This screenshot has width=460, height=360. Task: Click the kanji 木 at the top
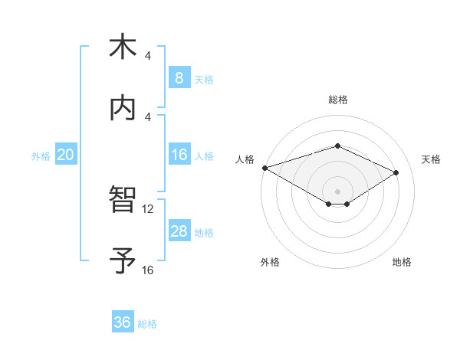click(122, 48)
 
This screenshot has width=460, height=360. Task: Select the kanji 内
click(122, 109)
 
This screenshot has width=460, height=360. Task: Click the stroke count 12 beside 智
click(148, 208)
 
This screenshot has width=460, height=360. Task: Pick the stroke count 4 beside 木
click(148, 56)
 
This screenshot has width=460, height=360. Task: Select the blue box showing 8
click(179, 78)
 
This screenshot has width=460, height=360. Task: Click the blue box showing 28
click(179, 231)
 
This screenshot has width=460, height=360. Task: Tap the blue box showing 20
click(65, 155)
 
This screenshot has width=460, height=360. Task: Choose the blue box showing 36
click(122, 322)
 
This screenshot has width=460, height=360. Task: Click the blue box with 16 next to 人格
click(179, 155)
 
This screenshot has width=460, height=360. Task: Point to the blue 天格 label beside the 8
click(204, 79)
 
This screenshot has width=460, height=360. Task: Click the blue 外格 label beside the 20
click(41, 156)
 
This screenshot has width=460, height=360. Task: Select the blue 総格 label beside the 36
click(147, 323)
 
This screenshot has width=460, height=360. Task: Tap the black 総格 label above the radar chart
click(337, 100)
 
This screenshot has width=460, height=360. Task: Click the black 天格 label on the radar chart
click(431, 159)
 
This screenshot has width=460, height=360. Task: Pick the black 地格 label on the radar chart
click(402, 262)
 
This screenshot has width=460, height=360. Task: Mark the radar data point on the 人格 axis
click(264, 167)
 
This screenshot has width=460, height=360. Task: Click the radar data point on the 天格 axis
click(396, 172)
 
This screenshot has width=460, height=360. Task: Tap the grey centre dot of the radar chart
click(337, 191)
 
